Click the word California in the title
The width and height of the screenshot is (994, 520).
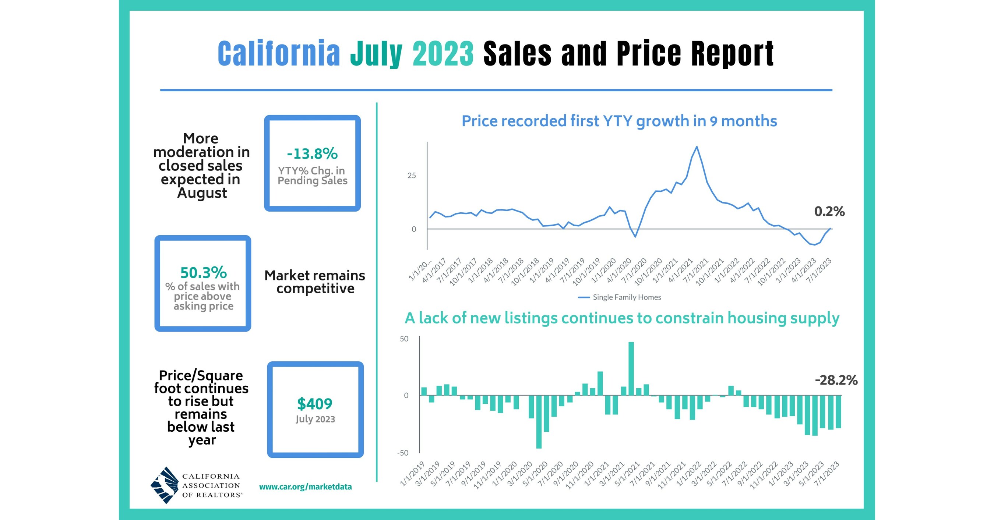click(279, 54)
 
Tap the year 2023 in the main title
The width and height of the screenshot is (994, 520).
click(443, 54)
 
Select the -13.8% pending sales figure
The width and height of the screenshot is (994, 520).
click(312, 154)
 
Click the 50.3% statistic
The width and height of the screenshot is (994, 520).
click(203, 273)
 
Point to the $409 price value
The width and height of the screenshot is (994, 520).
click(314, 404)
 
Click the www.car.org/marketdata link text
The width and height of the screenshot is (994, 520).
click(305, 487)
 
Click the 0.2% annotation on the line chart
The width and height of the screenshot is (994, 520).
click(829, 211)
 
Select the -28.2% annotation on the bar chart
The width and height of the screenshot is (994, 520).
click(836, 381)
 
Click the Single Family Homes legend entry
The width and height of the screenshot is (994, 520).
click(626, 297)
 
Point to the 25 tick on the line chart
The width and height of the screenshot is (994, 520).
click(412, 176)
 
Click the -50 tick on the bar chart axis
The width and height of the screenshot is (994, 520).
click(402, 453)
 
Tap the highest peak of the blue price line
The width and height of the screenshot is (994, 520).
click(697, 147)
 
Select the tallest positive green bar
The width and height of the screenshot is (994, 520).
click(631, 368)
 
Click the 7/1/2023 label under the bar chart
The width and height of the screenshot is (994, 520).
click(827, 473)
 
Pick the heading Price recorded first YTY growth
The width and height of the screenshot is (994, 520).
click(619, 121)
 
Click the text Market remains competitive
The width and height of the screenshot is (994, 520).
click(315, 282)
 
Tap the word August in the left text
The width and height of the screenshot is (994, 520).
click(202, 193)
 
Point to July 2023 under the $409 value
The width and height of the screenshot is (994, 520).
click(315, 419)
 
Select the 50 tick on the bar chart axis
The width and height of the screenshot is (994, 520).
click(404, 339)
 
